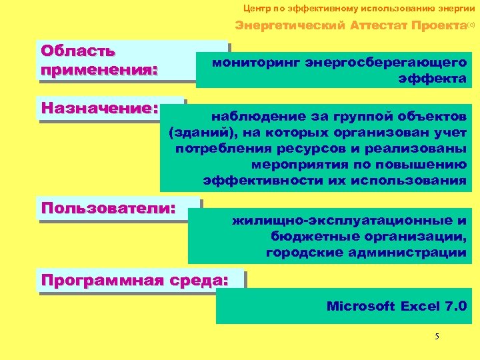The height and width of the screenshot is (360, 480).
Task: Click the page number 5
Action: pos(437,336)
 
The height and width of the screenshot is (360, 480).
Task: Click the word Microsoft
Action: pos(360,307)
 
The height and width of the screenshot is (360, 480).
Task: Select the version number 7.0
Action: pos(455,307)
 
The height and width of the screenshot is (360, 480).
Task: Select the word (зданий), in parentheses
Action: pos(199,132)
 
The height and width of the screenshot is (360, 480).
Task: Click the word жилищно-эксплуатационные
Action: pos(337,220)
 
